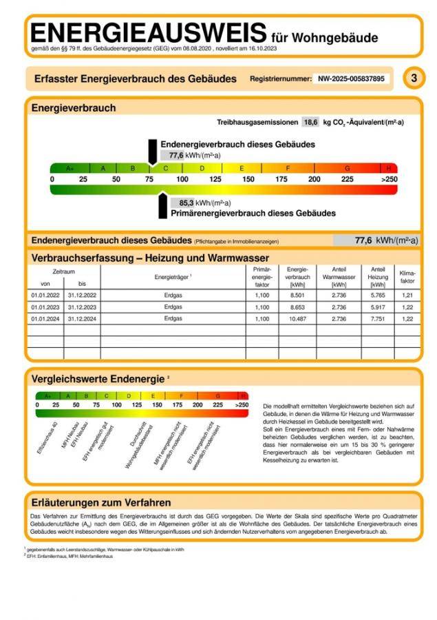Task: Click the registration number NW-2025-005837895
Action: [x=351, y=79]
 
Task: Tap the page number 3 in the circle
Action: [x=413, y=78]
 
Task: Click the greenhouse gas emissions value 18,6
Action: [x=310, y=122]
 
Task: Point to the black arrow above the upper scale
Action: [x=152, y=151]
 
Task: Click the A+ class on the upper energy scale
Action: [x=70, y=168]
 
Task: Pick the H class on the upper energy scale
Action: [x=389, y=168]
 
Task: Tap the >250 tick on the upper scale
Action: [x=389, y=179]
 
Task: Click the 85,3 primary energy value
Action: [x=186, y=203]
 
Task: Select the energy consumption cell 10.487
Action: [x=298, y=319]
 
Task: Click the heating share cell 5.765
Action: [x=378, y=294]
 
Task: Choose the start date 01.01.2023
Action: [x=45, y=307]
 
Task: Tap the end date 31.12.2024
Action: [x=82, y=319]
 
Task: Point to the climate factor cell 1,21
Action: [x=407, y=294]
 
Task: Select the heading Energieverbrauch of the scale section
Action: [x=74, y=107]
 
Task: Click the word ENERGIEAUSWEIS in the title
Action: [x=148, y=32]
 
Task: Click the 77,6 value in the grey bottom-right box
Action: [x=363, y=240]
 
